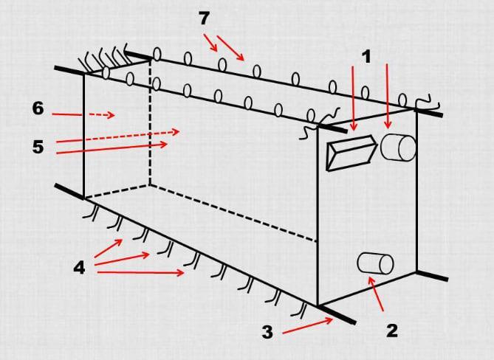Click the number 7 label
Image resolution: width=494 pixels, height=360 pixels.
(x=204, y=18)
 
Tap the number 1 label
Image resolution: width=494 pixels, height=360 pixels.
(x=366, y=58)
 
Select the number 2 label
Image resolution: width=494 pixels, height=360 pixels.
(x=392, y=330)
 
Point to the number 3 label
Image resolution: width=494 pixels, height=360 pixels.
(x=267, y=332)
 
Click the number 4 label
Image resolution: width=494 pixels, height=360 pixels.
(x=80, y=268)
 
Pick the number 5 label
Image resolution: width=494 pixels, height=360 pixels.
(x=38, y=147)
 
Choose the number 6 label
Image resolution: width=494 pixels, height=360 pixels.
(x=38, y=108)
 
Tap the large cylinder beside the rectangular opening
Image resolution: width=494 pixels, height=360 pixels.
(x=398, y=148)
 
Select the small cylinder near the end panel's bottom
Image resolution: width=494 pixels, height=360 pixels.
(x=375, y=263)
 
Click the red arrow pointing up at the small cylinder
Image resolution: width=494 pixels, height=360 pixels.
(x=376, y=294)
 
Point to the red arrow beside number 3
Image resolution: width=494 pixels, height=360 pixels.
(x=308, y=326)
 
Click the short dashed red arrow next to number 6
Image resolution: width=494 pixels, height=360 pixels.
(x=102, y=115)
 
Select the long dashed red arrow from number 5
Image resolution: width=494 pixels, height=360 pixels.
(x=118, y=136)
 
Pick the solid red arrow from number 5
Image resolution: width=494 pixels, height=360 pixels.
(x=112, y=148)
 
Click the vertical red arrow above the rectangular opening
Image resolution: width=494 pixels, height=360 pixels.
(x=353, y=98)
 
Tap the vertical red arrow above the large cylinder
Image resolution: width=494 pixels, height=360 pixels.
(x=388, y=96)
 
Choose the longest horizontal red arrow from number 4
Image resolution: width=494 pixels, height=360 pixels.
(x=141, y=272)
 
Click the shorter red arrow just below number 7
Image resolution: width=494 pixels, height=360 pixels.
(x=210, y=43)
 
